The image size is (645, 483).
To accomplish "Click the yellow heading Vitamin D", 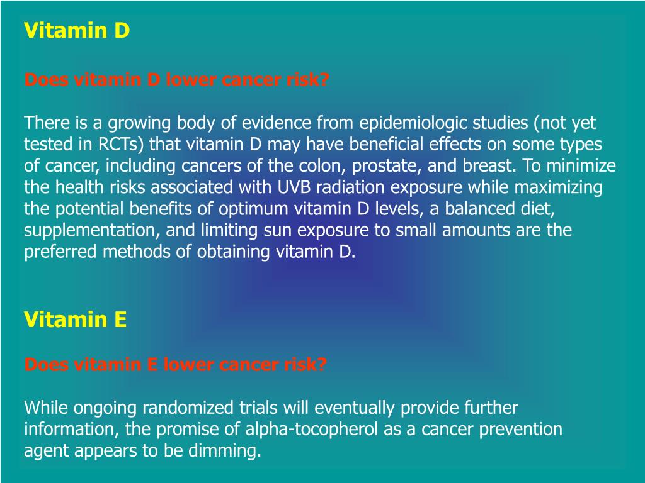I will tap(77, 31).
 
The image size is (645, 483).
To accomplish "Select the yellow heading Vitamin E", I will tap(76, 320).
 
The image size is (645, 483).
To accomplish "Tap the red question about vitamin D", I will tap(176, 80).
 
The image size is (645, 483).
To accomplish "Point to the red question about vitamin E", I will tap(175, 365).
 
